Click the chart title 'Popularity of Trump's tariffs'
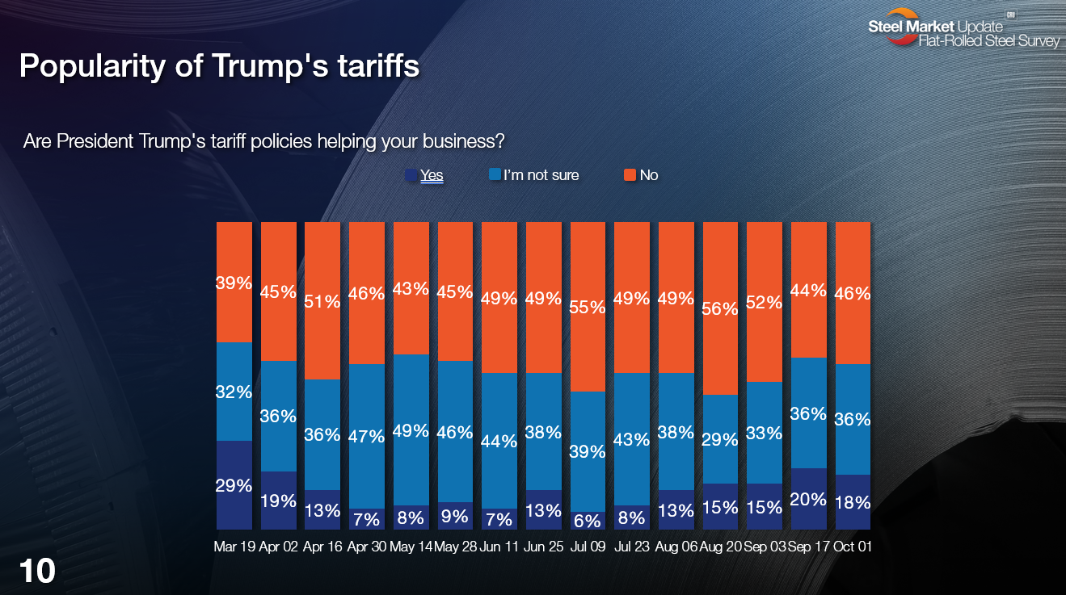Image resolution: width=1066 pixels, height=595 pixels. tap(219, 66)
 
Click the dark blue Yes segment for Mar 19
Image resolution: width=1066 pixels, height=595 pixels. tap(234, 484)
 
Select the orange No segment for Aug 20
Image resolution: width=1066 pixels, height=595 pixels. tap(720, 308)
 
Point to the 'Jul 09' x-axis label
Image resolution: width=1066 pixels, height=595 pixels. tap(588, 547)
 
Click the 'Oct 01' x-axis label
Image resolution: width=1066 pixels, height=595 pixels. tap(853, 547)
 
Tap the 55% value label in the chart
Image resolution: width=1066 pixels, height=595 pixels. tap(588, 307)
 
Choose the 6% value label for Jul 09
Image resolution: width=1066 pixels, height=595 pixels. tap(588, 521)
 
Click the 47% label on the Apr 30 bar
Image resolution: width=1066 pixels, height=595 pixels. tap(367, 437)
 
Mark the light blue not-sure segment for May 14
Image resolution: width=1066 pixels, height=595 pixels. tap(411, 429)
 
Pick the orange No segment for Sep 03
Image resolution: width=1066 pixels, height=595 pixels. tap(764, 302)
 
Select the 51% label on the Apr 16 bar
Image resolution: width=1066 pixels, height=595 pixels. tap(322, 300)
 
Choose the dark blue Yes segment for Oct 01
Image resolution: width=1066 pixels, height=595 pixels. tap(853, 502)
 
